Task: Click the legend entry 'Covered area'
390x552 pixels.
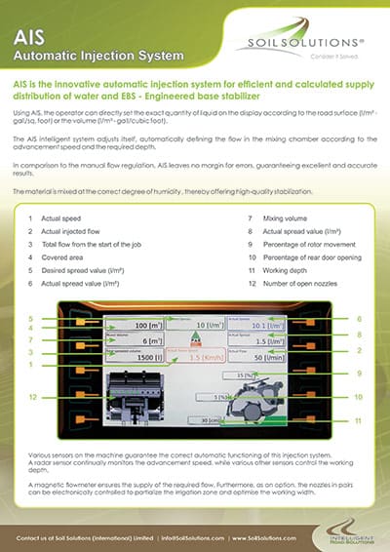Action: pos(65,257)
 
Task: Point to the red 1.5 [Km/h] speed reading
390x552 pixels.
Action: pos(201,358)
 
